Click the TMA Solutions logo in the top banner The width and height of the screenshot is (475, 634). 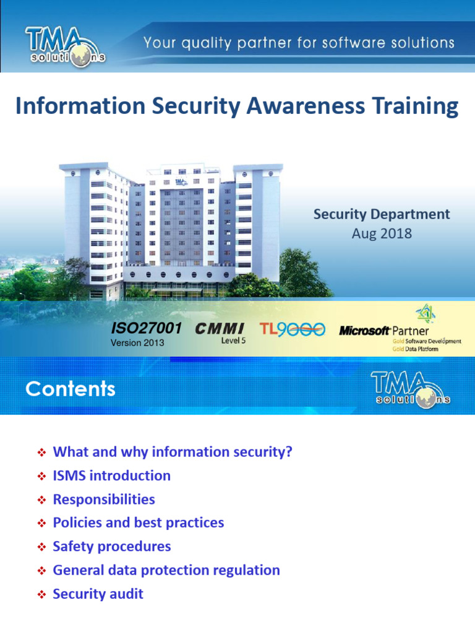[65, 45]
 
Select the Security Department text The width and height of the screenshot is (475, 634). [382, 214]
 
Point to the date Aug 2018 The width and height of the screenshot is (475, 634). [382, 235]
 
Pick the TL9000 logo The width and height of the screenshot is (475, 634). [292, 329]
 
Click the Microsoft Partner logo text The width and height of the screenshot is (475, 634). [384, 331]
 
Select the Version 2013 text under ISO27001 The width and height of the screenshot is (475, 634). [137, 343]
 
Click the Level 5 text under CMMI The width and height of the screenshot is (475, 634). [233, 341]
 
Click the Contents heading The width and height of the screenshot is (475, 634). [71, 389]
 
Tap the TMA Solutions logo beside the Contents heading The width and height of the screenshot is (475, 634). [410, 389]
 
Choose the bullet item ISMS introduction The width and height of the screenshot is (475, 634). [111, 475]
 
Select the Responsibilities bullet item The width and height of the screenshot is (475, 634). [104, 499]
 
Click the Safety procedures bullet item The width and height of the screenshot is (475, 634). [111, 546]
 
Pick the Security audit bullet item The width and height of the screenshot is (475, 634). [98, 594]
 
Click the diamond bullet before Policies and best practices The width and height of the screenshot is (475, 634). [41, 523]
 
